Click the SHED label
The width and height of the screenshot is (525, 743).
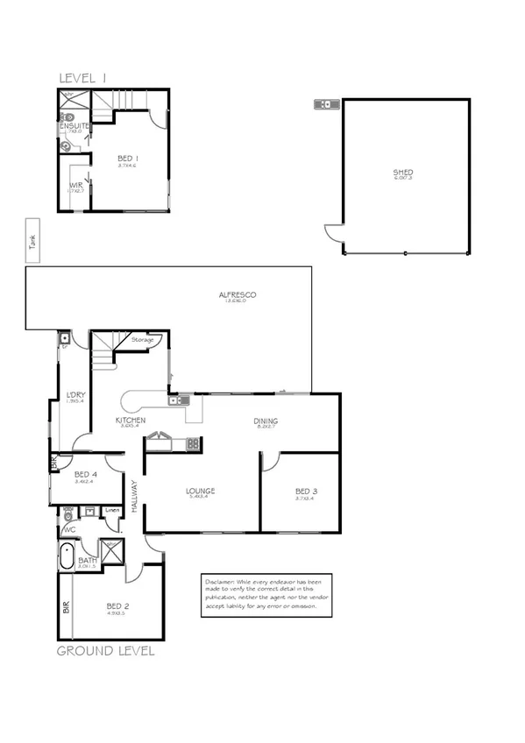[403, 173]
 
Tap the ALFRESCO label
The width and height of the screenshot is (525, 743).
[237, 296]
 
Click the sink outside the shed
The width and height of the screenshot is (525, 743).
[327, 105]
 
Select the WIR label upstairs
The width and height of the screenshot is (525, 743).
[75, 186]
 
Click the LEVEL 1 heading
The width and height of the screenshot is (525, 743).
[82, 78]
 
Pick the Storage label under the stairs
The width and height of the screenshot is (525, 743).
[142, 340]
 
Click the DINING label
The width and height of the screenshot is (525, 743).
[265, 420]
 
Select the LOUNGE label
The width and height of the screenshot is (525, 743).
[200, 491]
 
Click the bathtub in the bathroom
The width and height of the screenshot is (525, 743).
[68, 555]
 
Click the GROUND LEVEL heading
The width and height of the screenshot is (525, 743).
[105, 651]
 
